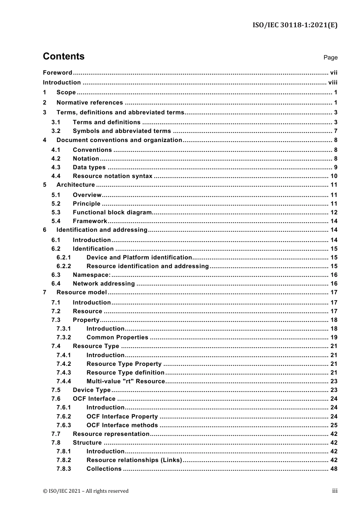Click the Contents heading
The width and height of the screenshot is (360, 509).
pyautogui.click(x=64, y=56)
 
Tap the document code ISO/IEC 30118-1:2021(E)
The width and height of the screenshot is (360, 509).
pyautogui.click(x=295, y=25)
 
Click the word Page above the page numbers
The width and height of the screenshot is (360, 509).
pyautogui.click(x=330, y=58)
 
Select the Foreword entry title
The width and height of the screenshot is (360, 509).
pyautogui.click(x=57, y=73)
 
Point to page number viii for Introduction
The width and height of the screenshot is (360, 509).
pyautogui.click(x=333, y=83)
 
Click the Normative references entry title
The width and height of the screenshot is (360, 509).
pyautogui.click(x=89, y=103)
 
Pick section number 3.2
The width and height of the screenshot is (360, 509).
pyautogui.click(x=56, y=131)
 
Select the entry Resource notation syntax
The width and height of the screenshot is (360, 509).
pyautogui.click(x=113, y=176)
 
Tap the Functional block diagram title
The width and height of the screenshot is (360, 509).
pyautogui.click(x=112, y=212)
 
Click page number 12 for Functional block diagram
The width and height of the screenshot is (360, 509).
pyautogui.click(x=333, y=212)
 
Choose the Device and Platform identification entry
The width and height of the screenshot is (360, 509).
pyautogui.click(x=139, y=258)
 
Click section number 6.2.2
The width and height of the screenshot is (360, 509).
pyautogui.click(x=64, y=266)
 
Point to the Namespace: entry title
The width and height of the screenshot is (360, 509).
pyautogui.click(x=92, y=275)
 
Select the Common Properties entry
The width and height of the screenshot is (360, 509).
pyautogui.click(x=117, y=337)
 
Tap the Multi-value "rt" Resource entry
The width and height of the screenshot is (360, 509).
pyautogui.click(x=125, y=381)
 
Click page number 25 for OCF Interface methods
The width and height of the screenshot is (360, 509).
pyautogui.click(x=333, y=425)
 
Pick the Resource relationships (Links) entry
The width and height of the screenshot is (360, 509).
pyautogui.click(x=134, y=460)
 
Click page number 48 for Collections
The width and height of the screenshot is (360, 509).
pyautogui.click(x=333, y=469)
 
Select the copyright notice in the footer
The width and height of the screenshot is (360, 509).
pyautogui.click(x=86, y=491)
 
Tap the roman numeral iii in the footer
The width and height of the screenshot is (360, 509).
pyautogui.click(x=335, y=491)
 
